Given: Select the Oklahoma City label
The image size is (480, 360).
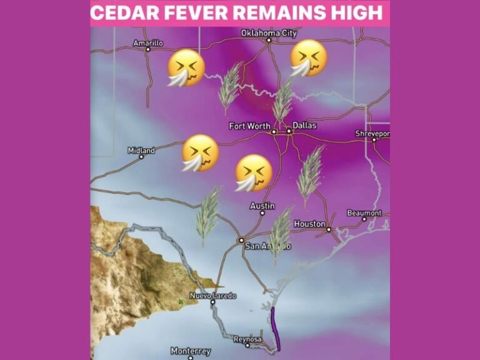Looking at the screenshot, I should point(269,32).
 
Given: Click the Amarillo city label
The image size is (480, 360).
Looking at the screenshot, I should point(148,43).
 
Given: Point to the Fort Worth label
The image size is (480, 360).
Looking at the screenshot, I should point(249,126).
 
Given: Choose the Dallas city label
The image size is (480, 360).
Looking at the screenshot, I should point(304,126).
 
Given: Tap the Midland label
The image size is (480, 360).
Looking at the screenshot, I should point(141,150).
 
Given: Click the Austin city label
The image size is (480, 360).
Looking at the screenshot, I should point(262,206).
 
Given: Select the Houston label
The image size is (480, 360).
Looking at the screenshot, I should point(309,223).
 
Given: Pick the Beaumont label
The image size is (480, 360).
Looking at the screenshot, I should point(364,213).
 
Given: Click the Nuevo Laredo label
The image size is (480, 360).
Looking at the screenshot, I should point(212,296).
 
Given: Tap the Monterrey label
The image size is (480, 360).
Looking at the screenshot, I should point(191,351).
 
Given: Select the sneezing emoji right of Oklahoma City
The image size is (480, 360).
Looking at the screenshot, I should point(307,58).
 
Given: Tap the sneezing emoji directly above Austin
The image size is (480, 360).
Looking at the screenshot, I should point(253,172).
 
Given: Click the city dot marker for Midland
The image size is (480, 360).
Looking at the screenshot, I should point(141,157).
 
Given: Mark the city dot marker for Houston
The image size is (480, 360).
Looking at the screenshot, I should point(329,229).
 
